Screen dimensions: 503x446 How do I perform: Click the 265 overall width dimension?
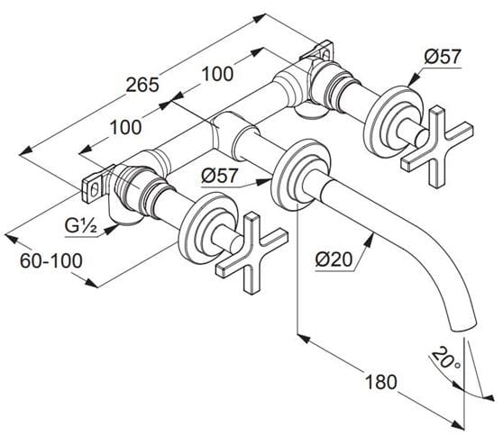[x=142, y=85]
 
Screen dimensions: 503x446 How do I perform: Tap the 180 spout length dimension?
[x=381, y=382]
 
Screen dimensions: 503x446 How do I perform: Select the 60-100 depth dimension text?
[x=51, y=260]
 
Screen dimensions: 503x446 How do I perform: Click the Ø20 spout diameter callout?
[x=334, y=259]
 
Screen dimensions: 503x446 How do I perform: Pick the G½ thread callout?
[x=81, y=226]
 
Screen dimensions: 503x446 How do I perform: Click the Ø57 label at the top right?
[x=443, y=57]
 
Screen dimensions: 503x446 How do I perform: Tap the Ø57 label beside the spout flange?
[x=220, y=176]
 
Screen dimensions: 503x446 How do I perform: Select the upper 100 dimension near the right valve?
[x=217, y=74]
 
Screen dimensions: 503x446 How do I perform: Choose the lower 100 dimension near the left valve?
[x=125, y=127]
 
